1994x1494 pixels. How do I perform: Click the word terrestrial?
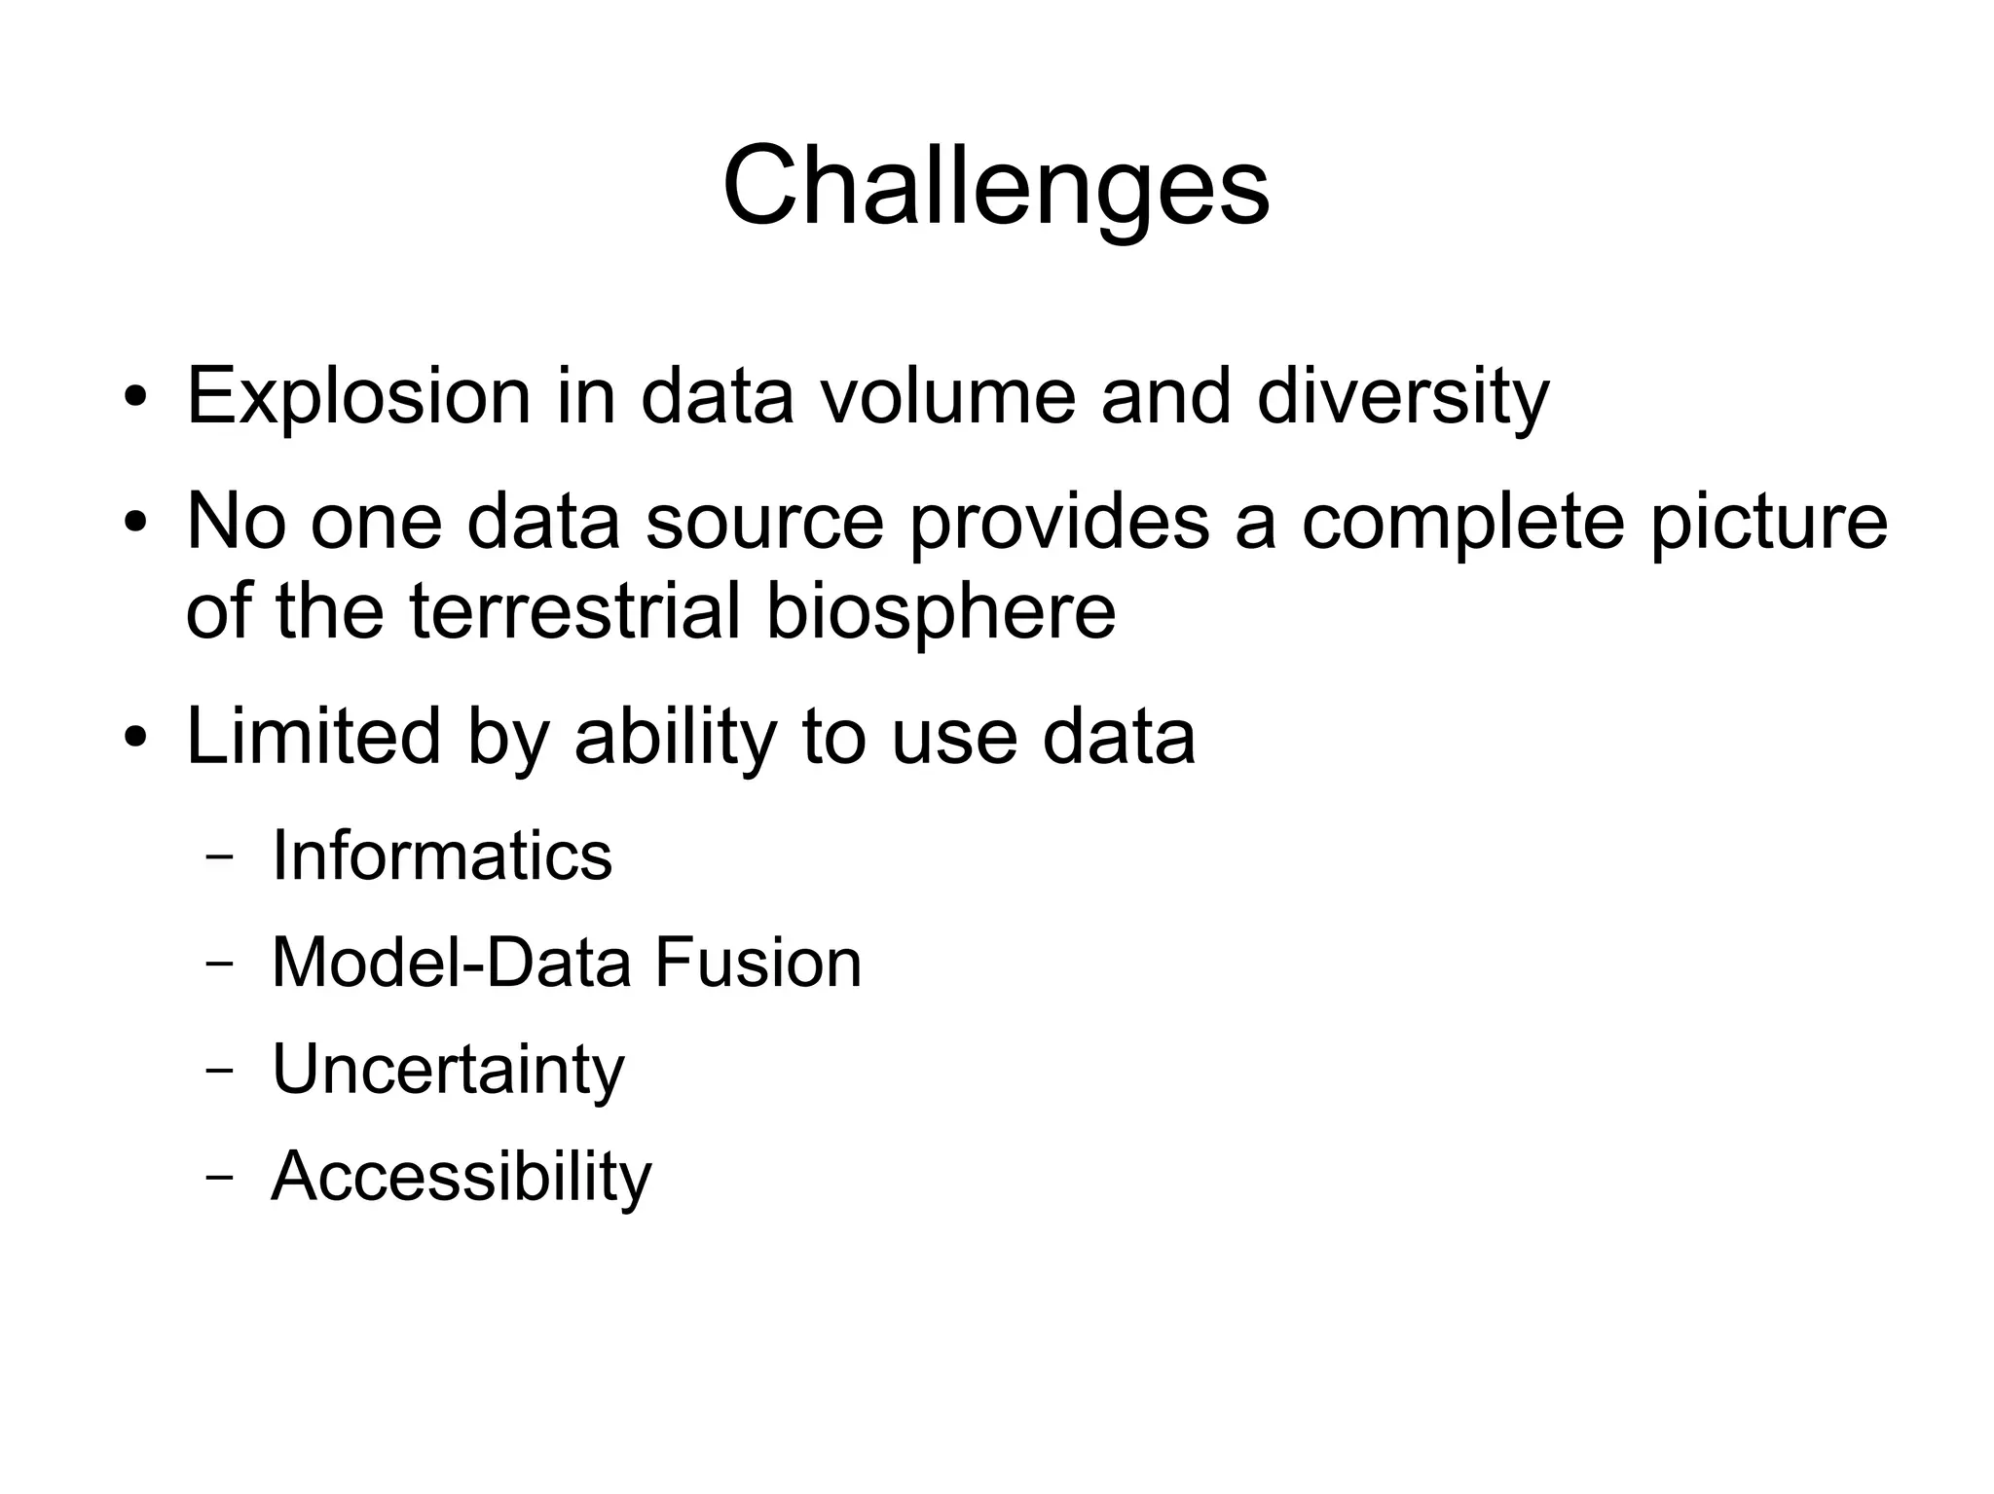click(x=574, y=610)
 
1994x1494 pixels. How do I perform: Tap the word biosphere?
click(x=941, y=610)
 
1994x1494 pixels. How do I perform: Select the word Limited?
click(x=314, y=736)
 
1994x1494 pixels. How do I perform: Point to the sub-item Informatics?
click(x=442, y=856)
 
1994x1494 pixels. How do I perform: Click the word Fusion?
click(x=757, y=963)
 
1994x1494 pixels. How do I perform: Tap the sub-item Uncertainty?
click(x=448, y=1070)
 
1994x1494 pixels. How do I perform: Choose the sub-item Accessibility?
click(x=462, y=1177)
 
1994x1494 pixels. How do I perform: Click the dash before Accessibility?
click(x=220, y=1177)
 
